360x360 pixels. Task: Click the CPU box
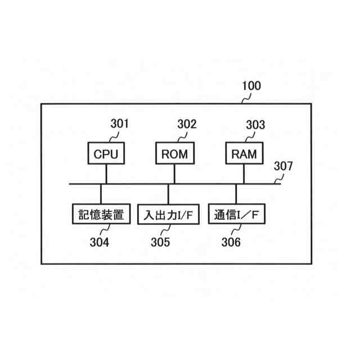(x=106, y=154)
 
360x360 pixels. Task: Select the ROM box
(x=174, y=154)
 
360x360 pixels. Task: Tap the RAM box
(x=244, y=154)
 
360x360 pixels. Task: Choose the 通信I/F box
(x=237, y=214)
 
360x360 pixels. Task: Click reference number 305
(x=160, y=242)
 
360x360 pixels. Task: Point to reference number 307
(x=283, y=166)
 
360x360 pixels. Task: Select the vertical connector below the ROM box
(x=174, y=173)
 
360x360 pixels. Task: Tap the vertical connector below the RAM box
(x=244, y=173)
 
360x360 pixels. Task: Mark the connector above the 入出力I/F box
(x=168, y=195)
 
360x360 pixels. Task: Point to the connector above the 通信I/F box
(x=236, y=194)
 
